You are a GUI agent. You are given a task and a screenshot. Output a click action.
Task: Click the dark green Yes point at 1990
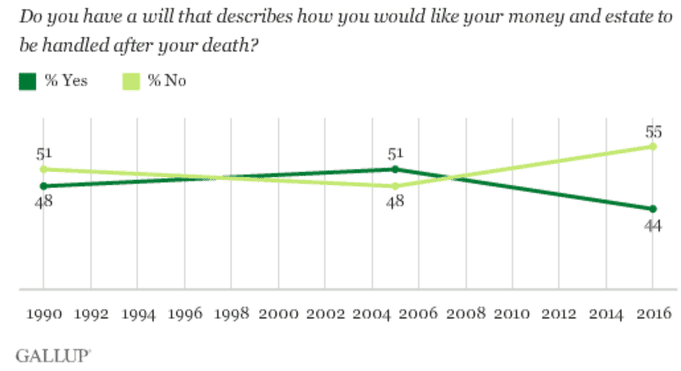coord(43,186)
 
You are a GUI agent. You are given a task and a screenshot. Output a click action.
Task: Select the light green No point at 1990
coord(43,168)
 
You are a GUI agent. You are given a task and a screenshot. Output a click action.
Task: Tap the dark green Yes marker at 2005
coord(395,168)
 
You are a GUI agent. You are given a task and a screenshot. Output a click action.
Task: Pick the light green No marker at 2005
coord(395,186)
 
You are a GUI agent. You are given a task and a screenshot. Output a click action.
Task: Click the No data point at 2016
coord(652,146)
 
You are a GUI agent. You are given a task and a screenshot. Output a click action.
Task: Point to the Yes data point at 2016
coord(652,209)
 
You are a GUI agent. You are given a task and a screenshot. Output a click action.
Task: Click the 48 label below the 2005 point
coord(395,203)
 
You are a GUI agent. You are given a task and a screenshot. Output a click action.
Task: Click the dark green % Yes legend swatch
coord(26,82)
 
